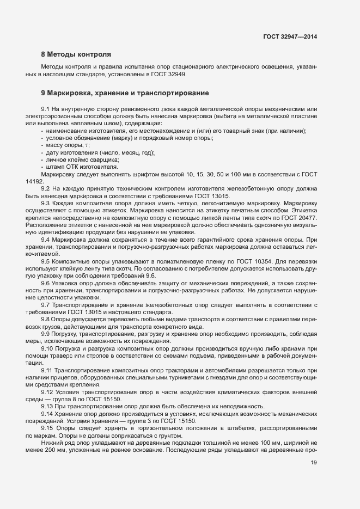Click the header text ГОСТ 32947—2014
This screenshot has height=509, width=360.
290,37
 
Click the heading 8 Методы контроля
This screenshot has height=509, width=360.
76,54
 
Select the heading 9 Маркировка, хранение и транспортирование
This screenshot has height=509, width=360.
125,93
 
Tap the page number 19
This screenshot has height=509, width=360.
313,463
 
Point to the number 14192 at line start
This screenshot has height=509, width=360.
34,181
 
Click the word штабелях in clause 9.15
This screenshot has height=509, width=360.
246,428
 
